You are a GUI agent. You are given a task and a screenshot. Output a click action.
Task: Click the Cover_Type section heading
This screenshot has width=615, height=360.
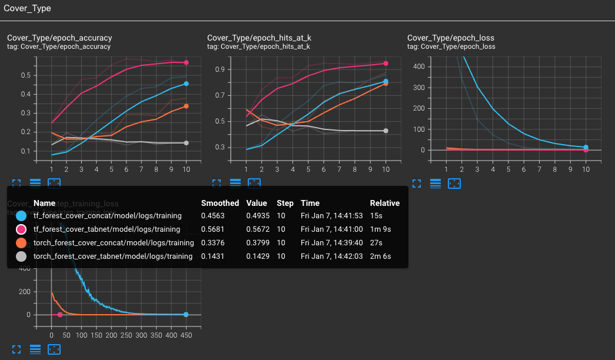(27, 9)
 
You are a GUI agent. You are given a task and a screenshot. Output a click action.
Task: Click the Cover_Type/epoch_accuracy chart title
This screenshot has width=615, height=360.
(59, 38)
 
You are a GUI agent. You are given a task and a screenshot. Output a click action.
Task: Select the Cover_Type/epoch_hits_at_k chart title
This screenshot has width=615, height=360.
(259, 38)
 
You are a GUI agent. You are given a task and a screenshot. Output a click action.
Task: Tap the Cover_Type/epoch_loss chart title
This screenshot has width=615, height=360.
(451, 38)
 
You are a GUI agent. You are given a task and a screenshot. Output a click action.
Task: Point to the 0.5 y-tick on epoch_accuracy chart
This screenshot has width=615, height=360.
(25, 75)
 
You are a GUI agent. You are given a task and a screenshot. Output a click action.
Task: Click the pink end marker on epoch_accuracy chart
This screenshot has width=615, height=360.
(186, 62)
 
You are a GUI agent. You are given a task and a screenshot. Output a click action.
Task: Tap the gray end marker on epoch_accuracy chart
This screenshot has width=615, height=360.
(186, 143)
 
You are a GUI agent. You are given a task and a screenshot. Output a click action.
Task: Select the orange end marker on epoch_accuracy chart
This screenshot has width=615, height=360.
(186, 106)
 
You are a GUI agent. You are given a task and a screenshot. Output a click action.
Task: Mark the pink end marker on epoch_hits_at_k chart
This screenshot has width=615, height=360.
(386, 63)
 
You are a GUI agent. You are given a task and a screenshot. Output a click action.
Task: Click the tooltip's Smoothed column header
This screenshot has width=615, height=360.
(220, 203)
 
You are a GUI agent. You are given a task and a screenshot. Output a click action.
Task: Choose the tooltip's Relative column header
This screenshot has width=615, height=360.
(384, 203)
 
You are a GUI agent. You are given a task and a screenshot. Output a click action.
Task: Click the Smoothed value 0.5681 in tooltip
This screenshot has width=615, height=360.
(213, 229)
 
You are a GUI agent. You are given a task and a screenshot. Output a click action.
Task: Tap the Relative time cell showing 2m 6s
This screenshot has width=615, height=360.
(380, 256)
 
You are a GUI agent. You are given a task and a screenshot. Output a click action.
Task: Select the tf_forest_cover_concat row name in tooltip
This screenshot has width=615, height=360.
(107, 216)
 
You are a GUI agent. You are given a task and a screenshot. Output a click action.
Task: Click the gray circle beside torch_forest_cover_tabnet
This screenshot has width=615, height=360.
(22, 256)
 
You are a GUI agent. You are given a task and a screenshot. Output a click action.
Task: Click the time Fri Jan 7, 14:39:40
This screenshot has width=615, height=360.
(331, 243)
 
